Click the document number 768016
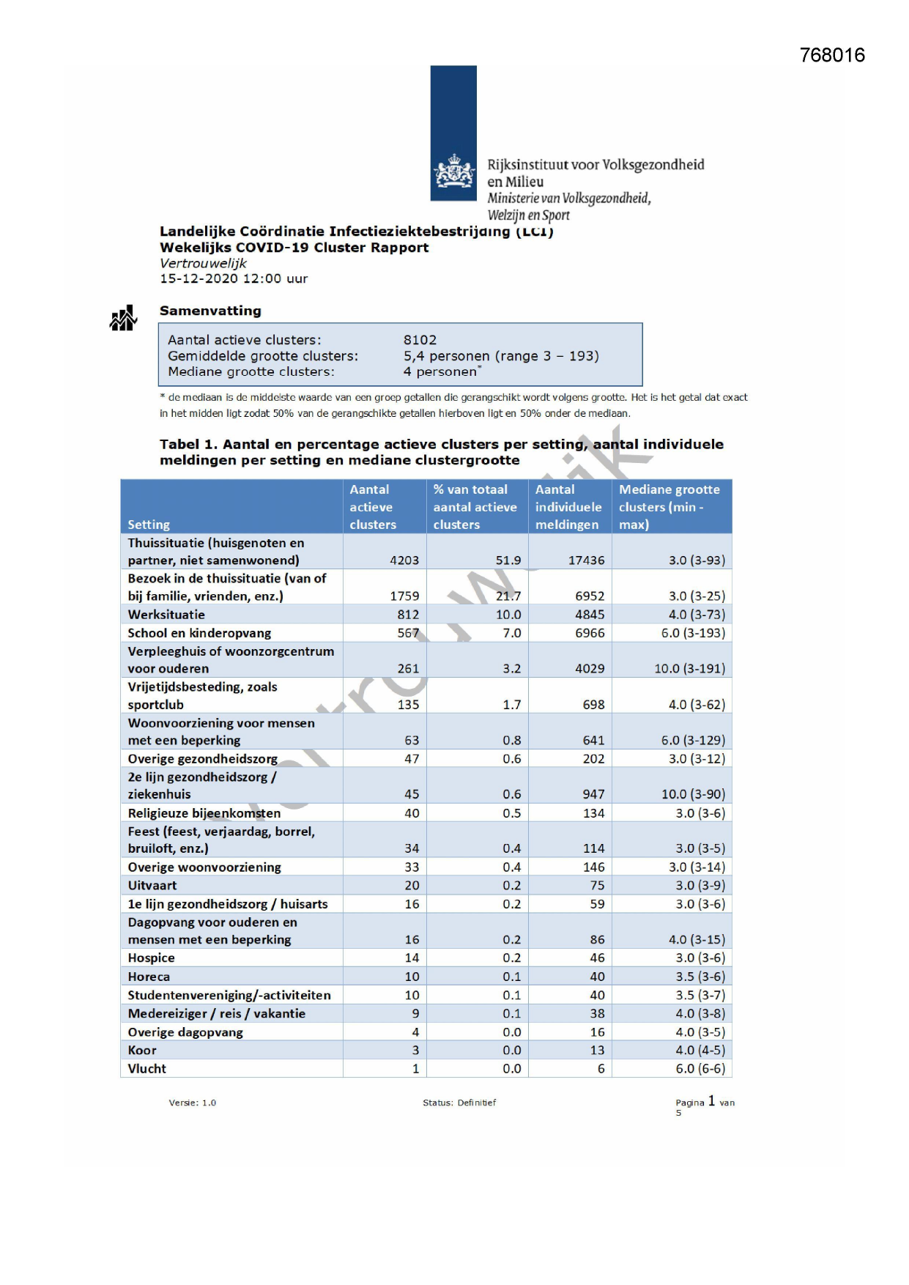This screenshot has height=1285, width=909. [x=832, y=56]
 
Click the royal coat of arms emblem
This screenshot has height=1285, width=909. [x=454, y=173]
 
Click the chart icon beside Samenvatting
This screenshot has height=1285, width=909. [x=123, y=319]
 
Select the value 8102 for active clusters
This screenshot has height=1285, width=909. [x=420, y=340]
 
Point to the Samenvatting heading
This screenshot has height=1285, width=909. [x=210, y=311]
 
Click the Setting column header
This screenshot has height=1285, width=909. [x=149, y=525]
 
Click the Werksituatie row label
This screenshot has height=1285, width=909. [x=166, y=615]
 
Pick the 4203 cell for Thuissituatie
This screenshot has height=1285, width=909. [x=404, y=560]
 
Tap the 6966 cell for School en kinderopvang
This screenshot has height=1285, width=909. [x=590, y=633]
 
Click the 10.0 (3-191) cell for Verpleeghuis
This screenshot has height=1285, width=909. [x=689, y=669]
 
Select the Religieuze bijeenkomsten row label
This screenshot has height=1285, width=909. [x=204, y=813]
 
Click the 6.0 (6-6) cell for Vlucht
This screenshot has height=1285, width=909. [x=700, y=1069]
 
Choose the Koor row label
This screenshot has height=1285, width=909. [x=142, y=1051]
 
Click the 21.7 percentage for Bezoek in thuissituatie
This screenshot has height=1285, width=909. [x=508, y=596]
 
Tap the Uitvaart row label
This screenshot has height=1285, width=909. [x=152, y=885]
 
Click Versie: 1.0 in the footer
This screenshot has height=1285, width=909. [x=192, y=1103]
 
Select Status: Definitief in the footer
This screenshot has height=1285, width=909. [x=459, y=1103]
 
